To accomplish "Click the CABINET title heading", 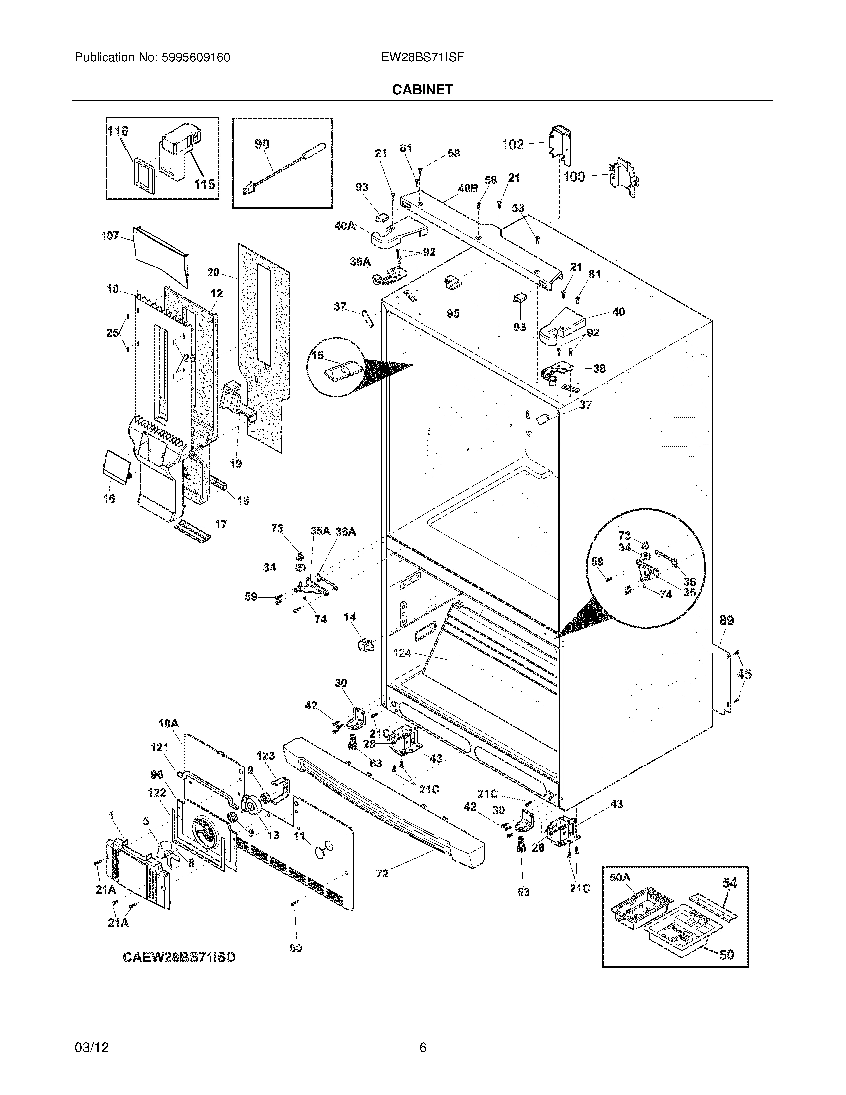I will (x=423, y=89).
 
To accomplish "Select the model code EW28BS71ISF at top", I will (x=423, y=57).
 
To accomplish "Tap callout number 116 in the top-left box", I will (x=118, y=131).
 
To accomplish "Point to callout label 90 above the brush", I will (x=262, y=144).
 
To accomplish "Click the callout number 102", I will (x=513, y=145).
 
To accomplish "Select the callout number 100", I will (x=574, y=177).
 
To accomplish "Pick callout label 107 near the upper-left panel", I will (x=110, y=235).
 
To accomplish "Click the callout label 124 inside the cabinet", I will (x=402, y=653).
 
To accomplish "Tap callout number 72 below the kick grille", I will (x=382, y=874).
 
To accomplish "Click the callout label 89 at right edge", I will (x=727, y=620).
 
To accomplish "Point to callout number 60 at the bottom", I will (x=296, y=948).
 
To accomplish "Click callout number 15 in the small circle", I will (x=318, y=355).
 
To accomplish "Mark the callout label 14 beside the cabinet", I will (x=350, y=617).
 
